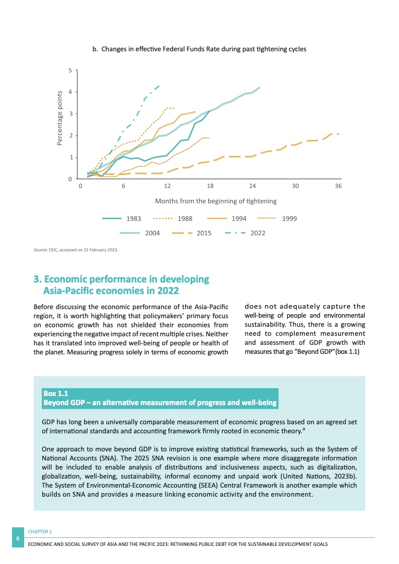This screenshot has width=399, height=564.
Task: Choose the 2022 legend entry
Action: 244,233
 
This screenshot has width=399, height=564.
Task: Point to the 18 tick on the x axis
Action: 210,186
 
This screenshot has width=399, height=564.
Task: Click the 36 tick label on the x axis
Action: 338,186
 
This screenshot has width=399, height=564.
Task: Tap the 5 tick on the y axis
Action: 70,70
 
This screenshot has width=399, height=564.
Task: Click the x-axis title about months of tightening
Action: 215,201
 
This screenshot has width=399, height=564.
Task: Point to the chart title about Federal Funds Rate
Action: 199,49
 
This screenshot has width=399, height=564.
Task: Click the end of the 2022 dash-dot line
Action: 159,86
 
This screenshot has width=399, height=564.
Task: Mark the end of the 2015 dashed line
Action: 338,134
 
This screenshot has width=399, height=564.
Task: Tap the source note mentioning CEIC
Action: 75,248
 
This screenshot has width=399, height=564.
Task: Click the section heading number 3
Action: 36,279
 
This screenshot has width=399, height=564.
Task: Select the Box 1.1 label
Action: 56,394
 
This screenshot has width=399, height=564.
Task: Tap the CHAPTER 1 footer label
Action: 40,531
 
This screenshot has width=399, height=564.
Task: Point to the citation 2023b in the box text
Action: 343,477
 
